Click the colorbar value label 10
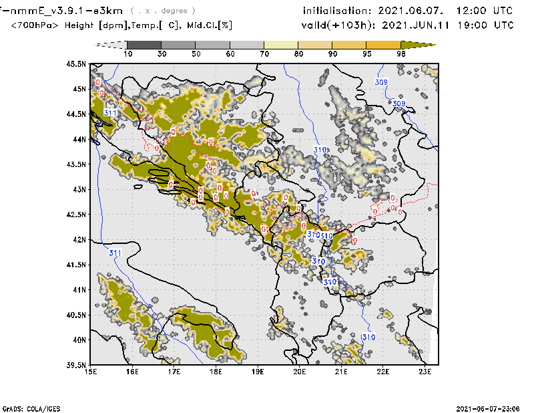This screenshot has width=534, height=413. click(x=127, y=53)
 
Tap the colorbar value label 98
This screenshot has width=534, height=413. click(x=403, y=53)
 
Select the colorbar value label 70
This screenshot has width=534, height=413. click(x=266, y=53)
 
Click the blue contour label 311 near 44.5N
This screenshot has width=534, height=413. click(x=111, y=113)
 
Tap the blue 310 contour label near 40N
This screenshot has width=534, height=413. click(x=368, y=336)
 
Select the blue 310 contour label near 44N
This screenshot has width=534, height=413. click(x=320, y=150)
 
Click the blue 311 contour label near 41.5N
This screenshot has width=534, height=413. click(x=115, y=253)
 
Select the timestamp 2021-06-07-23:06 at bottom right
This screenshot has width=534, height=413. click(x=487, y=408)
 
